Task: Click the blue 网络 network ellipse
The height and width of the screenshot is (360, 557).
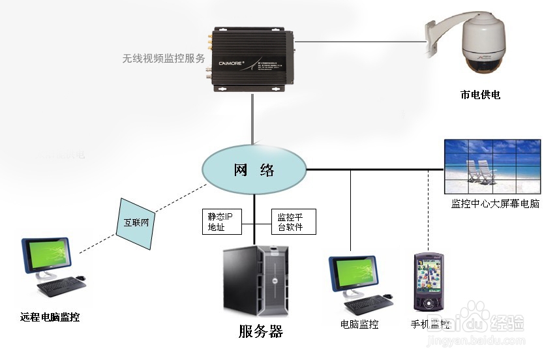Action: click(254, 172)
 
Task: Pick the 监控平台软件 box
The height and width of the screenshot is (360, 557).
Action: click(293, 222)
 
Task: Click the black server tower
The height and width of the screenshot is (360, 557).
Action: click(256, 281)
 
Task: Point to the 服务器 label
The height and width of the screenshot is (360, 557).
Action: click(261, 332)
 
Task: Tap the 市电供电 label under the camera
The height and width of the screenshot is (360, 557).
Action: click(480, 95)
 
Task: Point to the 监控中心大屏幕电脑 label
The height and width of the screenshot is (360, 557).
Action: click(496, 204)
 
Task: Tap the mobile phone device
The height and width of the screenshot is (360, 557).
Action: click(429, 282)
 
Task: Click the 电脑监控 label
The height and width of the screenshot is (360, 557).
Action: click(359, 324)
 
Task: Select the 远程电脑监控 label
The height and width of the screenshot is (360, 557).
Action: click(50, 318)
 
